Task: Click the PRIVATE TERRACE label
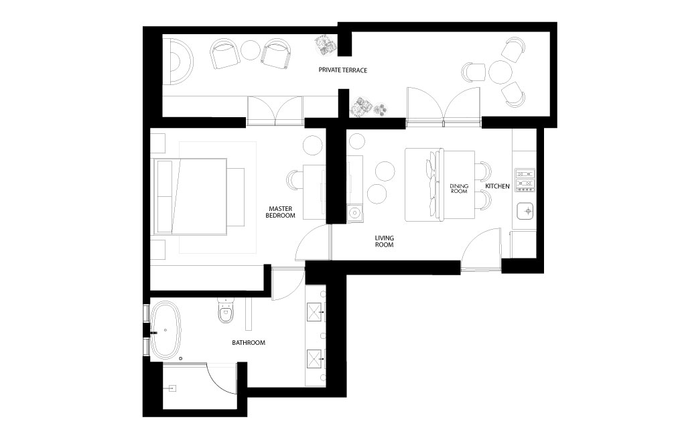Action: pos(342,70)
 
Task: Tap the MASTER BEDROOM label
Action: pos(280,212)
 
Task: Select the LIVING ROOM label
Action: pos(385,241)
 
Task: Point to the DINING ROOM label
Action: pos(459,189)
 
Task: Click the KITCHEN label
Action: pos(497,186)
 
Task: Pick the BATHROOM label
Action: pos(249,343)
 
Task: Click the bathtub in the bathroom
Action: pos(165,330)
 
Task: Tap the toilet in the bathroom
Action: pos(226,310)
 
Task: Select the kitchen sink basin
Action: pos(525,210)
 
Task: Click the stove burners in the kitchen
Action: pos(525,180)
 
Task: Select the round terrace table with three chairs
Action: pos(500,72)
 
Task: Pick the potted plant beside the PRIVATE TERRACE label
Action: pos(326,45)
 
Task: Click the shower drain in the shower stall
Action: pos(172,388)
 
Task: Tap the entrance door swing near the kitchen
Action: pos(482,249)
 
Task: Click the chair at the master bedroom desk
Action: pos(294,179)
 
